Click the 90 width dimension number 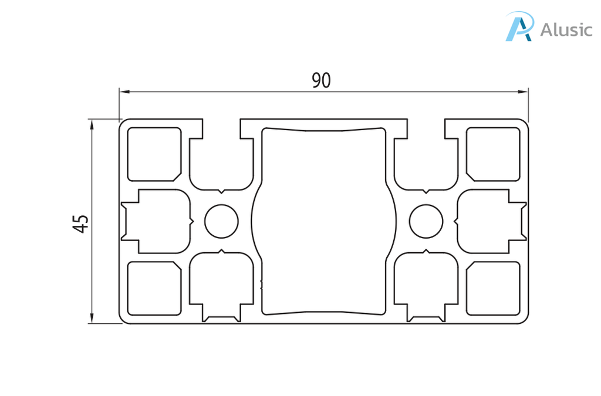point(321,80)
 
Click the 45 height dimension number point(81,224)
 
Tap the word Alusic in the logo point(566,29)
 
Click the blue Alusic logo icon point(519,26)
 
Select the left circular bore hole point(221,221)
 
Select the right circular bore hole point(426,221)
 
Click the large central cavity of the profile point(324,221)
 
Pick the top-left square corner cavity point(154,154)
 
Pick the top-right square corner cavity point(493,154)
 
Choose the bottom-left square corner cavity point(154,289)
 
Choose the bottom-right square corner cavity point(493,289)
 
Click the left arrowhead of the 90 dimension point(124,92)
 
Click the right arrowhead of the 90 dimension point(523,92)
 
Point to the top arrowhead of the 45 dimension point(92,124)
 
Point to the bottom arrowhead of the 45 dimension point(92,318)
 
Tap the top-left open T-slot point(221,161)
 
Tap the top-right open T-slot point(426,161)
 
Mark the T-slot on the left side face point(157,221)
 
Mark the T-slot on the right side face point(491,221)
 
